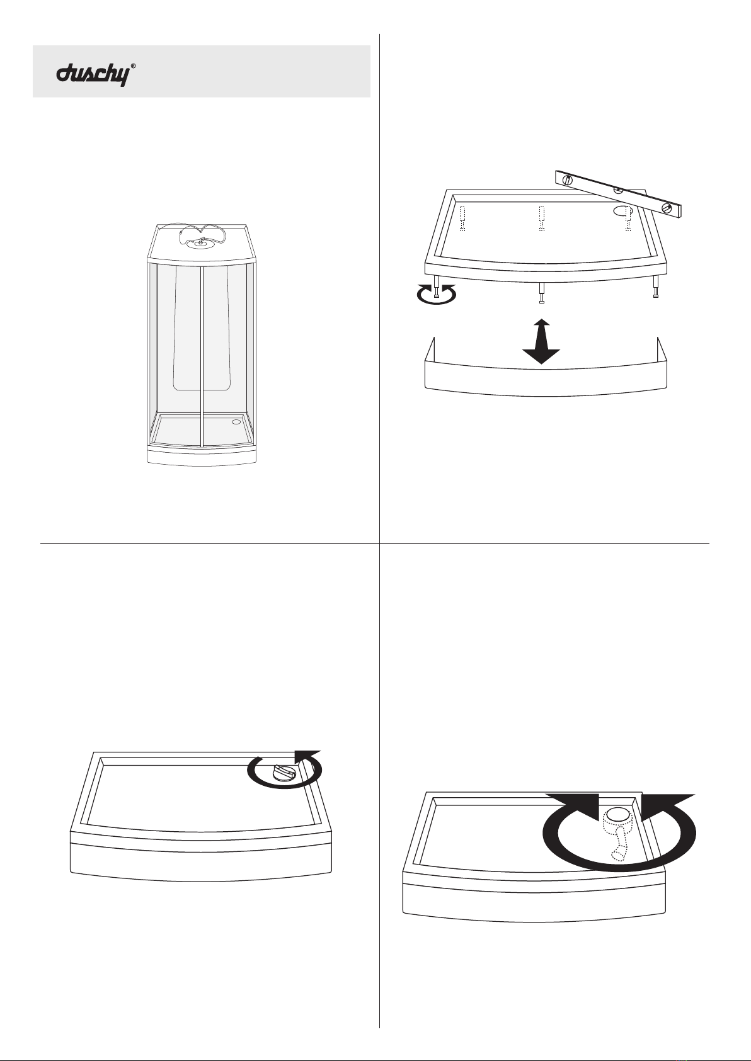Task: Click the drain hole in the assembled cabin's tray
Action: [x=236, y=421]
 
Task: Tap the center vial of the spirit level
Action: [x=618, y=190]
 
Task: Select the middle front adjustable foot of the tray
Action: [x=542, y=293]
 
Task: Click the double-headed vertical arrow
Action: [x=541, y=341]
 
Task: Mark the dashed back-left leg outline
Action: [x=463, y=218]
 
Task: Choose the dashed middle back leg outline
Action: [x=541, y=218]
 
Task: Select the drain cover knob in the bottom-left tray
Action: [x=284, y=774]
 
